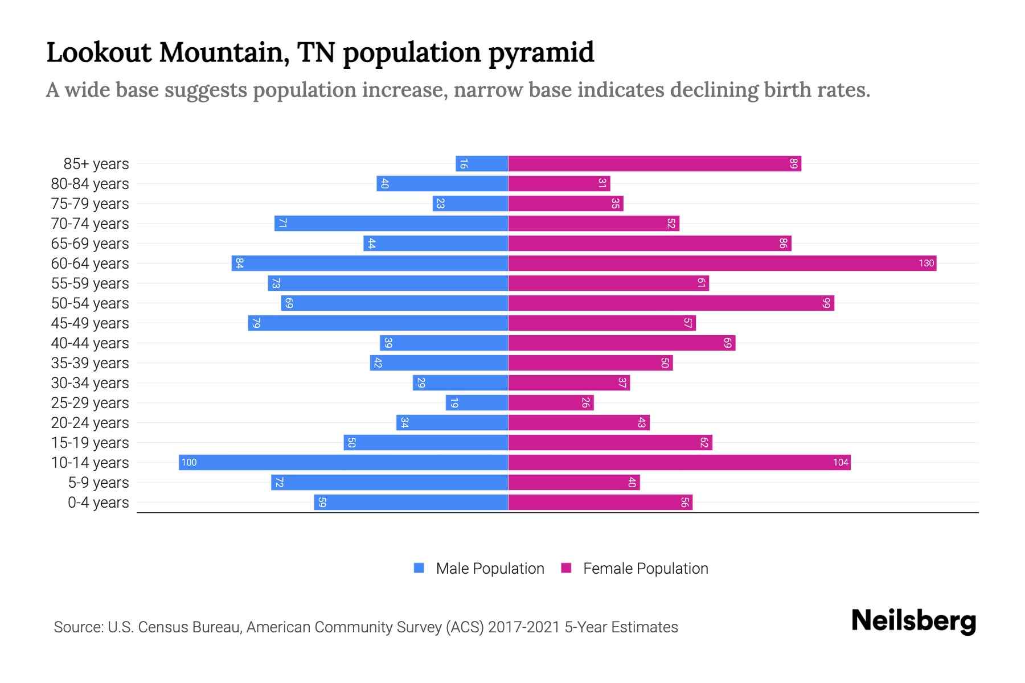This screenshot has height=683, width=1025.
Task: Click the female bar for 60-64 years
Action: [722, 263]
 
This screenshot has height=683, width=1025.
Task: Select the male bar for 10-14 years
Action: [343, 462]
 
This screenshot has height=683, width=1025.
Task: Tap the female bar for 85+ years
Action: [654, 163]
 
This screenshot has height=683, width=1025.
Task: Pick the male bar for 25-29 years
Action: [477, 402]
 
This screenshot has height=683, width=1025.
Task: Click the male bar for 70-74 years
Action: [391, 223]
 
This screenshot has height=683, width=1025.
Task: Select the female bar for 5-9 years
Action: [573, 482]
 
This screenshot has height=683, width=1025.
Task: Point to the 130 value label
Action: [926, 263]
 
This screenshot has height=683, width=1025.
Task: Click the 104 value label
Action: [840, 462]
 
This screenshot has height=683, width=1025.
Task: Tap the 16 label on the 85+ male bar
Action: [464, 164]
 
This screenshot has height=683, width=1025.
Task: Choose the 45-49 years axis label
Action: [90, 323]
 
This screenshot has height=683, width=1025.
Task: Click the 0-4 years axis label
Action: [98, 502]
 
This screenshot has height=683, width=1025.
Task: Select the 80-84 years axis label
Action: [90, 183]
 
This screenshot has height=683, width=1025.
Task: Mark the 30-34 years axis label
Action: [90, 382]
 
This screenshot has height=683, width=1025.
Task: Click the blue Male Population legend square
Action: [419, 568]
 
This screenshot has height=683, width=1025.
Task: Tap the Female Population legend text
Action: [645, 568]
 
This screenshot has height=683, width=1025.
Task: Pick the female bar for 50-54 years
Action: [671, 303]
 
